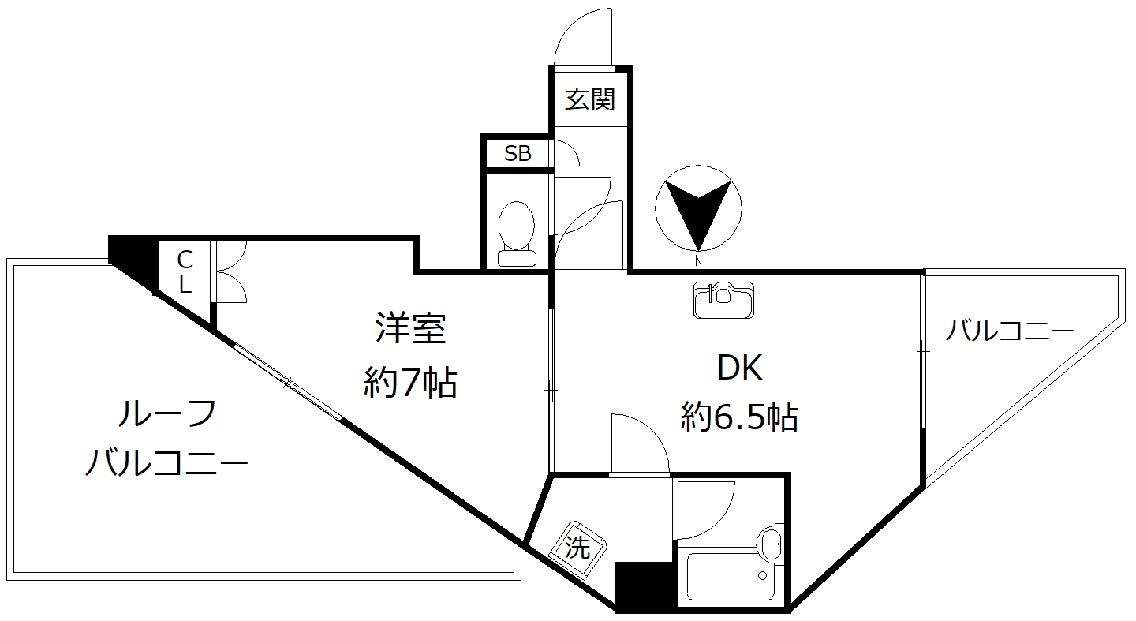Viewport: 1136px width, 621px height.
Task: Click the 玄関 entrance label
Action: tap(590, 99)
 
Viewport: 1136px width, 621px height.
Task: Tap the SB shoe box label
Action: tap(518, 153)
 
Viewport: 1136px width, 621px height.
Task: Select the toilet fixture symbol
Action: tap(517, 234)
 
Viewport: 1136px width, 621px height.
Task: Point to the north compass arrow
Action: tap(698, 213)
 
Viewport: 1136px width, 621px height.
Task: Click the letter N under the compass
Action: tap(698, 260)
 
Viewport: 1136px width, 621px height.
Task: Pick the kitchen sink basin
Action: tap(723, 300)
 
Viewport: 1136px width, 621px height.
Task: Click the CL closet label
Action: tap(185, 272)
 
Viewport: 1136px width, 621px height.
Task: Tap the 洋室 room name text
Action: tap(410, 329)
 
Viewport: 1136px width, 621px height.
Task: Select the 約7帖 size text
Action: tap(410, 382)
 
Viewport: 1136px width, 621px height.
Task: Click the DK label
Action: tap(739, 368)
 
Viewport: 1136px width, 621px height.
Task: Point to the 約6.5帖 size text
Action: tap(739, 417)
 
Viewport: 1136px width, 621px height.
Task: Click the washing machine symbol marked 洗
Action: tap(577, 548)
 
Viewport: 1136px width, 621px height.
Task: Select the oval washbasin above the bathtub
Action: tap(770, 542)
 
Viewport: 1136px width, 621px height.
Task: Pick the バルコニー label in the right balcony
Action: tap(1009, 331)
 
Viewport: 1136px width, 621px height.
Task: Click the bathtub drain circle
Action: tap(762, 575)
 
